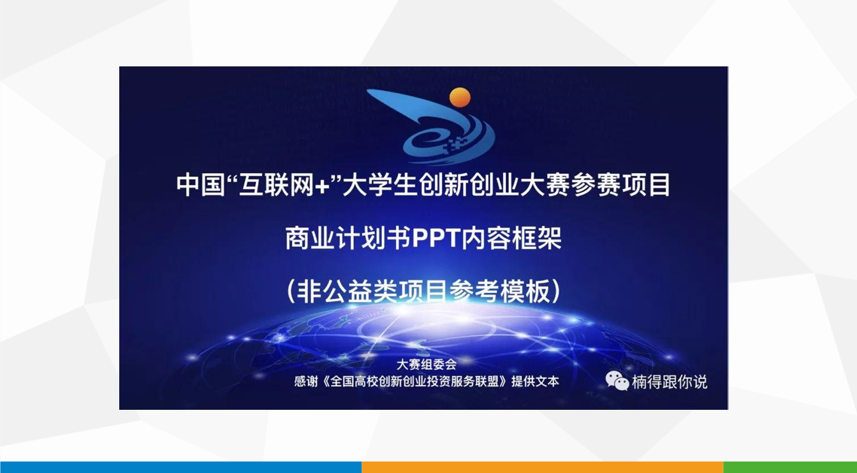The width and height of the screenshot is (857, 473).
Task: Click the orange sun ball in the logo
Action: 460,97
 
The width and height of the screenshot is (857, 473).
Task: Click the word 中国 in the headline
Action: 200,185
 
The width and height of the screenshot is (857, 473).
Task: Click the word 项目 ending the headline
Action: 646,185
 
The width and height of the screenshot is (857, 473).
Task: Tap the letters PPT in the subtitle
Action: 436,238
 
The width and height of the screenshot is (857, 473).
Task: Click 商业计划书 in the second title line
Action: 349,238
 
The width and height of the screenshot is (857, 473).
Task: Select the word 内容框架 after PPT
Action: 511,238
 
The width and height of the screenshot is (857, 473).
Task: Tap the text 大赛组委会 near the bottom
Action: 427,364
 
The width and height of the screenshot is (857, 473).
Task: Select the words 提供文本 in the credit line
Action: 535,382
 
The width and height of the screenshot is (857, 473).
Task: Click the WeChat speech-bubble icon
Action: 617,380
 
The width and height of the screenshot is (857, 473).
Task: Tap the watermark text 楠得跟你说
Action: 669,382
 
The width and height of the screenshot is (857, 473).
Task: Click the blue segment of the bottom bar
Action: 180,467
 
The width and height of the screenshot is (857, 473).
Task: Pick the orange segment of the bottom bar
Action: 543,467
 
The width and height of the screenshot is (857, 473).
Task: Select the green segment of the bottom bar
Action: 790,467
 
